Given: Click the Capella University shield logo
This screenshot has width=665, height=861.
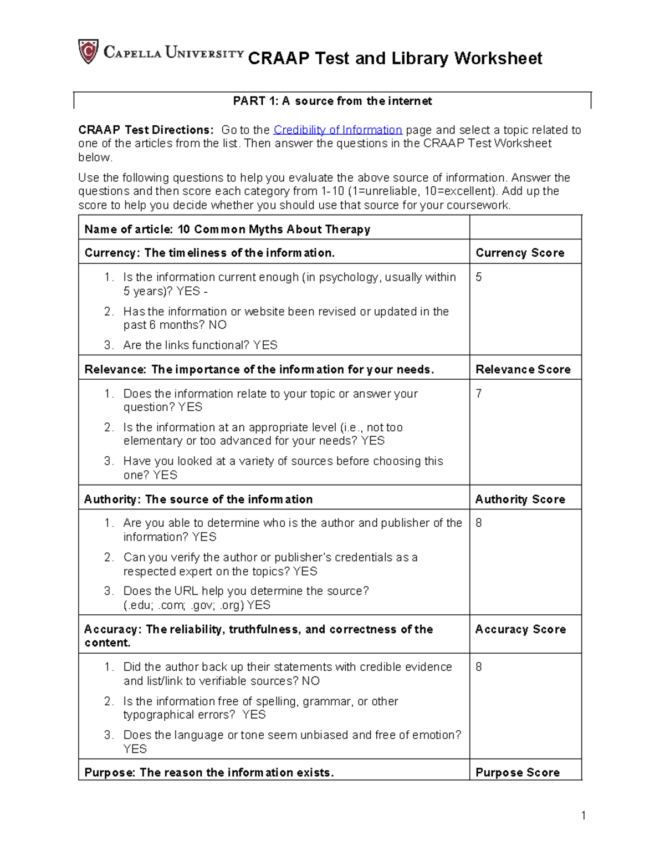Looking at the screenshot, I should (88, 52).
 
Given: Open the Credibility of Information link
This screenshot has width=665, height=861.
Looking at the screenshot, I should (337, 130).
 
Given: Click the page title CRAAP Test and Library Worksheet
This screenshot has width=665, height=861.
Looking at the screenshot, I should (395, 58).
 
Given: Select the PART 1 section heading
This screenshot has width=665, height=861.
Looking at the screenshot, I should (332, 101).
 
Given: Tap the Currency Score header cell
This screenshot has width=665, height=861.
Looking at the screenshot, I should (520, 253).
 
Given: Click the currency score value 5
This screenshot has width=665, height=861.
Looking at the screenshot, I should (479, 277).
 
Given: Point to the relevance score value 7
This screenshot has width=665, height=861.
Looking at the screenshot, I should (479, 394).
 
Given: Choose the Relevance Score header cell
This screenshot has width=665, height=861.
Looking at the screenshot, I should (523, 369).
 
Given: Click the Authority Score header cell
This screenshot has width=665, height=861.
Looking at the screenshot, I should (520, 499).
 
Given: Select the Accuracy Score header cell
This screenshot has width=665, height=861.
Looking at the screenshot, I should (520, 629).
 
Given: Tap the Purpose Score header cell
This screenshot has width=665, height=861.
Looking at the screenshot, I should (517, 772).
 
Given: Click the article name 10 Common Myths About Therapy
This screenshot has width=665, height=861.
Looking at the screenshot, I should (274, 230).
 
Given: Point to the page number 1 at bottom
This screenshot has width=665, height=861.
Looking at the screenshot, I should (583, 815).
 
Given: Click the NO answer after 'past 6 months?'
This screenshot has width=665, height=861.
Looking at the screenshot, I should (217, 325).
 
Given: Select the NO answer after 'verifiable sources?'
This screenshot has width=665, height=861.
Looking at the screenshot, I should (310, 681).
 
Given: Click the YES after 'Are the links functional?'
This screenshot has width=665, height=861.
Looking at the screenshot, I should (265, 345).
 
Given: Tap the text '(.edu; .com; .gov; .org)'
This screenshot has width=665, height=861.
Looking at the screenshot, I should (183, 605).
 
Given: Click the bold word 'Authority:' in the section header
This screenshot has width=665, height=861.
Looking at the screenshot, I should (112, 499).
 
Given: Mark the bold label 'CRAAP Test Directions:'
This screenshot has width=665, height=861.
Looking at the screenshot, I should (146, 130).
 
